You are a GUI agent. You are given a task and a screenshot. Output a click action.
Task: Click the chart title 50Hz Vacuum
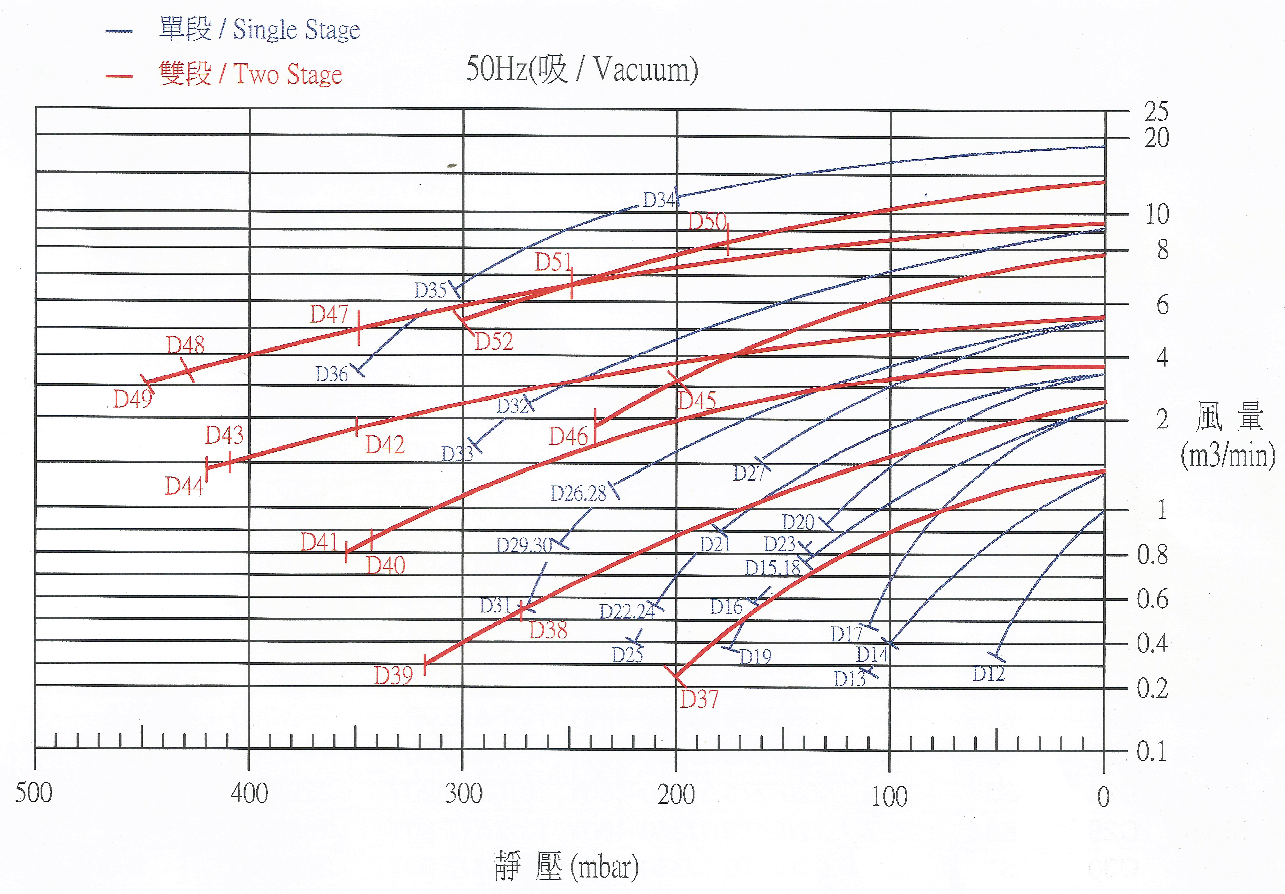click(582, 70)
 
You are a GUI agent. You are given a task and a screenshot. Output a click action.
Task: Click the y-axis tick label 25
click(1156, 111)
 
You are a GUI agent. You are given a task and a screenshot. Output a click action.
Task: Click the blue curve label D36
click(331, 374)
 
